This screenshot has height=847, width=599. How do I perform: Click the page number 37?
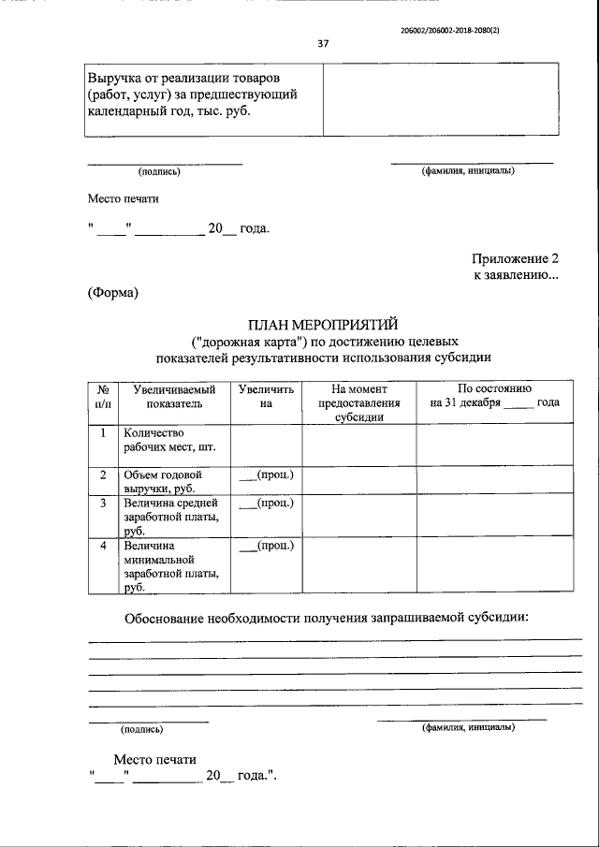click(323, 43)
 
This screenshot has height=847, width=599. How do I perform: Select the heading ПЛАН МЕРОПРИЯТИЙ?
click(323, 325)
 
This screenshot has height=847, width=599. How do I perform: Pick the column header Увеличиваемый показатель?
click(168, 396)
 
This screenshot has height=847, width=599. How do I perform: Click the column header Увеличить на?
click(266, 396)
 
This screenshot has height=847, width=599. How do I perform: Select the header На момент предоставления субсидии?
click(359, 402)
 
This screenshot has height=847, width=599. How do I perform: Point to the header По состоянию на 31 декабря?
click(494, 396)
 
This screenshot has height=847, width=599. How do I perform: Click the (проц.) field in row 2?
click(267, 475)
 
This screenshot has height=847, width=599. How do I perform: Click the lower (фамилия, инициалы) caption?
click(468, 726)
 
